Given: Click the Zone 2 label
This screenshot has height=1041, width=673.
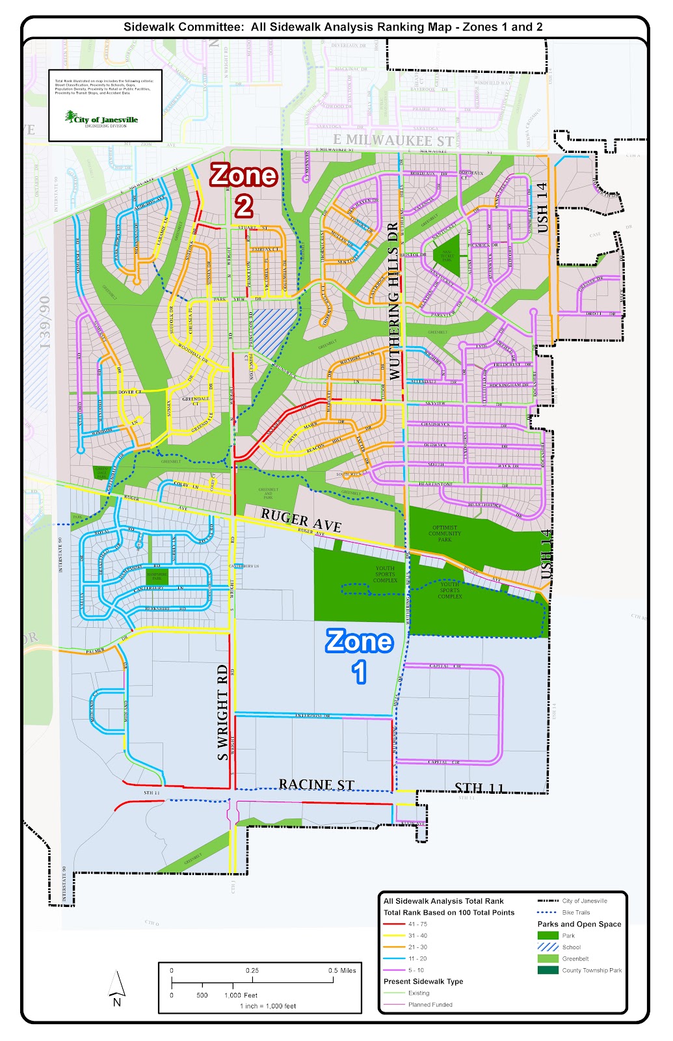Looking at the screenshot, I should coord(244,190).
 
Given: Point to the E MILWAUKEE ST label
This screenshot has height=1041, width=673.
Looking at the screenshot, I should coord(393,140).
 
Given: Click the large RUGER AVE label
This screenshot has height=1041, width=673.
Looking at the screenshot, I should coord(301,520).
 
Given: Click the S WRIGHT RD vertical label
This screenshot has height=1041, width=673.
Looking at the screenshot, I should coord(223,712).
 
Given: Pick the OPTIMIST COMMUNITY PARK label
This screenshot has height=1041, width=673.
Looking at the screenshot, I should coord(445,534).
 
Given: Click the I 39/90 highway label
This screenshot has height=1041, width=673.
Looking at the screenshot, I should coord(45,322).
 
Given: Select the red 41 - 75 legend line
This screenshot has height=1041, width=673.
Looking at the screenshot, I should coord(394,924).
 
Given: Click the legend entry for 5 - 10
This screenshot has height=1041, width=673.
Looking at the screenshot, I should coord(416,970).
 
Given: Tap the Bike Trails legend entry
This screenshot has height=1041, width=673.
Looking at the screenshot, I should coord(576,912).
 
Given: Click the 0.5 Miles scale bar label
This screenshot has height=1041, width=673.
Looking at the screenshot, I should coord(342,970).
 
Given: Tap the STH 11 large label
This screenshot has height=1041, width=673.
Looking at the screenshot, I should coord(479,788).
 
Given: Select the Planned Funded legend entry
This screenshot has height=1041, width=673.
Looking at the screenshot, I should coord(430,1005).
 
